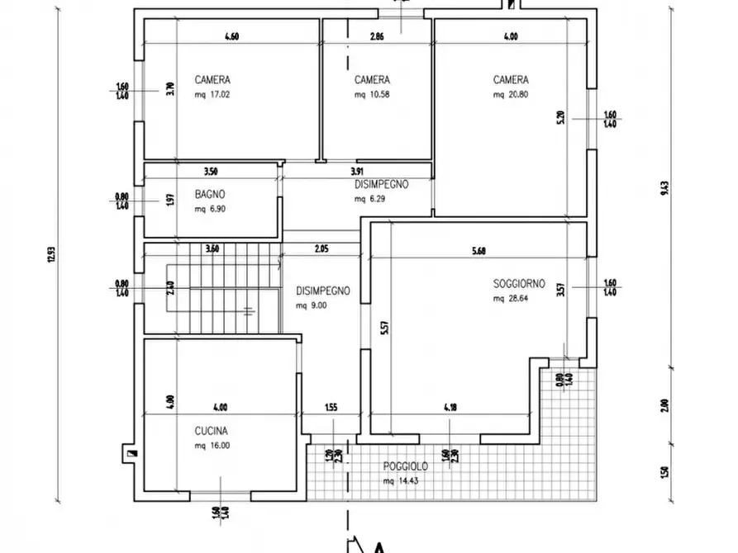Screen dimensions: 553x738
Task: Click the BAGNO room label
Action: coord(210,194)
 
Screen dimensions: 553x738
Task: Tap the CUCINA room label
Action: coord(212,430)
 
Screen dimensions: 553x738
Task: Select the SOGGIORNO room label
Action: coord(519,283)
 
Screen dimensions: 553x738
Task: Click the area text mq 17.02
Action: coord(212,95)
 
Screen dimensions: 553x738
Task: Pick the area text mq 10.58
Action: coord(372,95)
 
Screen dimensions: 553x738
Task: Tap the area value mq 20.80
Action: coord(511,95)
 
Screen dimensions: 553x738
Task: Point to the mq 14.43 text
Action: coord(401,481)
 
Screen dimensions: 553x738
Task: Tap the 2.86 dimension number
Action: coord(377,36)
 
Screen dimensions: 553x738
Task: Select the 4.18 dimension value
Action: coord(450,406)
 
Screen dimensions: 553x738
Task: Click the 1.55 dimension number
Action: coord(331,406)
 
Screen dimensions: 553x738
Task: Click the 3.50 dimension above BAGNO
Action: coord(210,172)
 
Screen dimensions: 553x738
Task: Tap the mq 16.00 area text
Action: coord(212,446)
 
